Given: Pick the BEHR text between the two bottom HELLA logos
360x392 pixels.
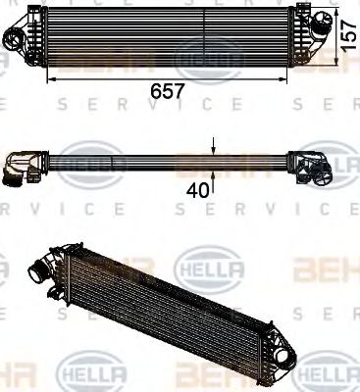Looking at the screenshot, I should pyautogui.click(x=205, y=372).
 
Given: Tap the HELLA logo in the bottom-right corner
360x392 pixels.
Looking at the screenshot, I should pyautogui.click(x=328, y=374).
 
